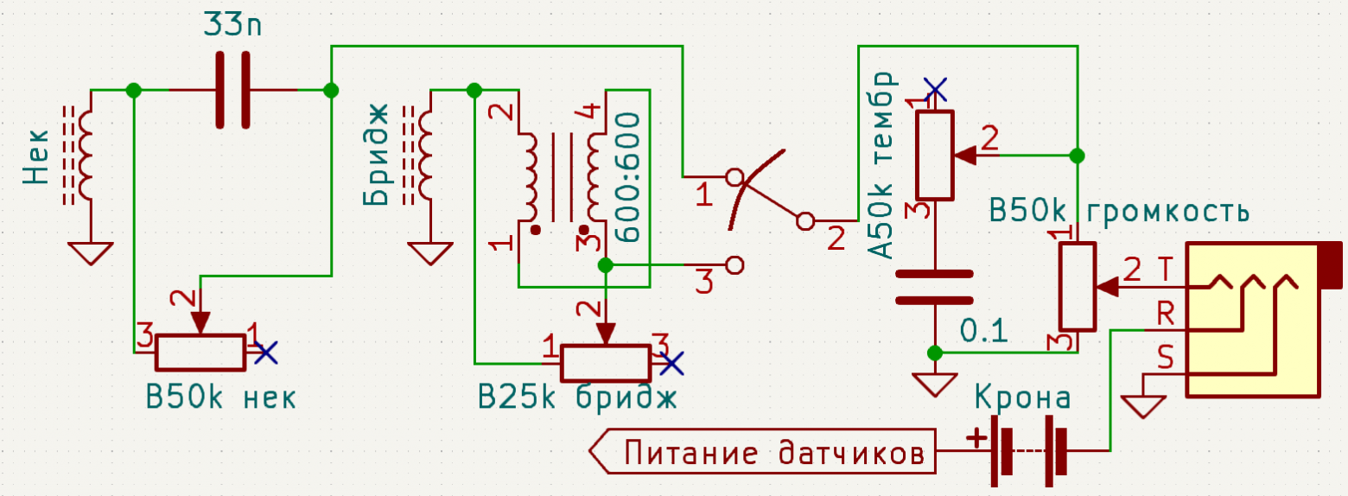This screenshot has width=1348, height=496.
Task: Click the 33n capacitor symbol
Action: [x=232, y=90]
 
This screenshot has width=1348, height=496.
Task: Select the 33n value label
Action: [x=233, y=24]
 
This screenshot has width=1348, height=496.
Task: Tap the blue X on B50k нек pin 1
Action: [x=265, y=351]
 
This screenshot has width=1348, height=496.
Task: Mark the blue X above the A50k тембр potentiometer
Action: [x=934, y=89]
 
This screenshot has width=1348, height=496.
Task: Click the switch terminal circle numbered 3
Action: [x=734, y=264]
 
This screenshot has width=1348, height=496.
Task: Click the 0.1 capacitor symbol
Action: [x=934, y=288]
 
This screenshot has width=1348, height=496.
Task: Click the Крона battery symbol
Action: [x=1028, y=451]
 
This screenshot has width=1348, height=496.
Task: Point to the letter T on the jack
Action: [x=1165, y=270]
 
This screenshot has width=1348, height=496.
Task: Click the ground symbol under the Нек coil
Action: [x=90, y=252]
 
